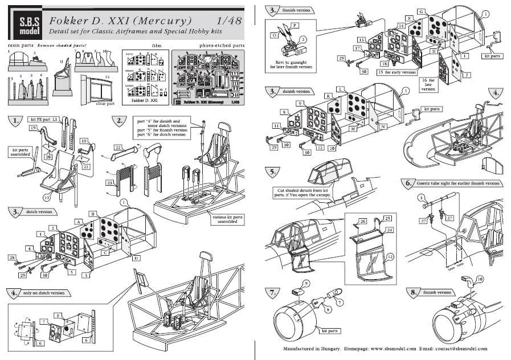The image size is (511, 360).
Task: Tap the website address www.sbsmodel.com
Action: click(x=391, y=349)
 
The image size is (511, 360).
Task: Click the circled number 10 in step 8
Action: click(x=479, y=280)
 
